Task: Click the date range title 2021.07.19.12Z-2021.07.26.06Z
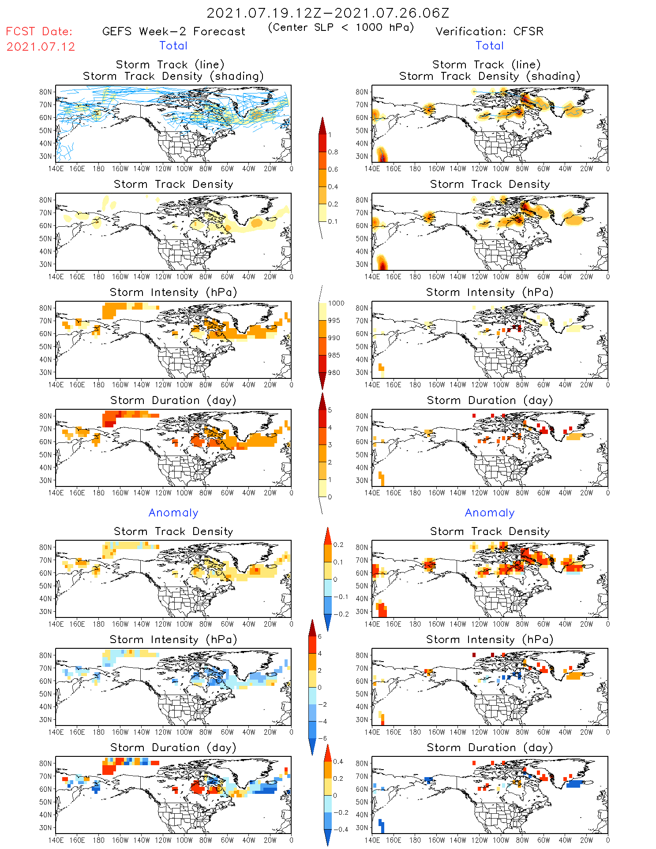(328, 13)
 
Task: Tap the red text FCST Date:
(39, 32)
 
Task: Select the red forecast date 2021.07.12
(41, 47)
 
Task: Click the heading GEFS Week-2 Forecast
(173, 32)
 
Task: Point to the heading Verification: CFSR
(489, 32)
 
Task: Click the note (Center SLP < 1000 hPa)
(341, 27)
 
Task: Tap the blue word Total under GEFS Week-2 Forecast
(173, 46)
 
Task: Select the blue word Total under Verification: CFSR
(490, 46)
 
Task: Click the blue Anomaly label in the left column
(173, 513)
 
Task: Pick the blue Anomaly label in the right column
(490, 513)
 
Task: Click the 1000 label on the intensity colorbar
(336, 303)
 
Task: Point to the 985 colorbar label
(334, 355)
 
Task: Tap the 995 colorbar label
(334, 321)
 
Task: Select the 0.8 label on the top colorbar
(333, 152)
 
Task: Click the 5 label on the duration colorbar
(330, 410)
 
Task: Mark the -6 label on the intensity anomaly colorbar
(322, 738)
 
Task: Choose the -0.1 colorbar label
(341, 597)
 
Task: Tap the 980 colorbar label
(334, 373)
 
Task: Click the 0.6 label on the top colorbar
(333, 169)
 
